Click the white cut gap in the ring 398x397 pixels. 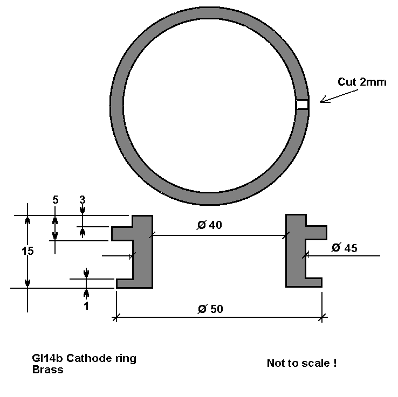coord(303,104)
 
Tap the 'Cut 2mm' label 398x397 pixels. coord(362,82)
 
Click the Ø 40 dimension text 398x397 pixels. coord(209,225)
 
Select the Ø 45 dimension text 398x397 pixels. coord(345,248)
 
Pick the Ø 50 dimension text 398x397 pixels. coord(210,309)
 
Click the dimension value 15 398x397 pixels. coord(28,251)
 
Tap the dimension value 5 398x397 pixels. coord(56,200)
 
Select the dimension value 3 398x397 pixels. coord(82,200)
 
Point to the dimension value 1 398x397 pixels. coord(86,306)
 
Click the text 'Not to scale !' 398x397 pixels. coord(302,363)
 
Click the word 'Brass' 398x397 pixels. coord(47,370)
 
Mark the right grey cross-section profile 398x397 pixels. coord(296,250)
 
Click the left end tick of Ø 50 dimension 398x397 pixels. coord(116,317)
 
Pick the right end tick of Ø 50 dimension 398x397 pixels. coord(322,317)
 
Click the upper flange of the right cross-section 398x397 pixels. coord(316,233)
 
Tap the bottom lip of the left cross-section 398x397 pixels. coord(125,283)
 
